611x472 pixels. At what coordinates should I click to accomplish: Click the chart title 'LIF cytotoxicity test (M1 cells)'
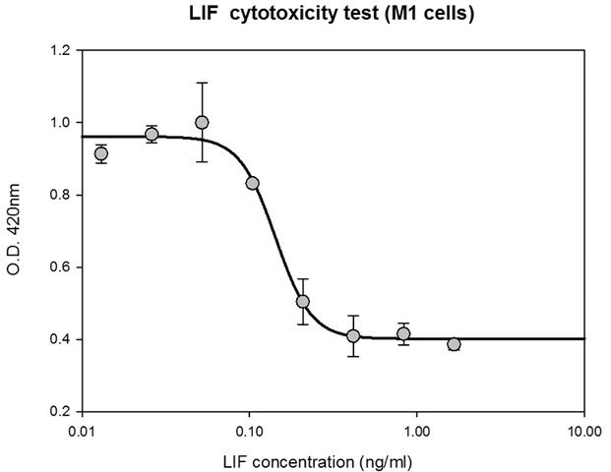coord(332,14)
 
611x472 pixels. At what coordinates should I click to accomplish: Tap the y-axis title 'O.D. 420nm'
coord(14,230)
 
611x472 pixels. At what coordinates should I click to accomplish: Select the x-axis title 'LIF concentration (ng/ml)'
coord(318,462)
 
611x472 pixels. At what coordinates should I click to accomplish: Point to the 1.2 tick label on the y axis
coord(60,50)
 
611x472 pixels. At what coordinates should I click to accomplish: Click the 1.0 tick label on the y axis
coord(60,122)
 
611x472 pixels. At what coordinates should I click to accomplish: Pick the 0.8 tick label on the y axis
coord(60,195)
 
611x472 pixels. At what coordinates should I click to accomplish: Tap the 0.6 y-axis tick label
coord(60,267)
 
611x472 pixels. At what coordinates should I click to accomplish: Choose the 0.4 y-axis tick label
coord(60,339)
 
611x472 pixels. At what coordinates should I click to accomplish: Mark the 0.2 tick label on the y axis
coord(60,412)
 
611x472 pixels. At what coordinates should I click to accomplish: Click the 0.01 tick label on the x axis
coord(83,432)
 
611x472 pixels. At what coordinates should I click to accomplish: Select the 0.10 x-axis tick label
coord(249,432)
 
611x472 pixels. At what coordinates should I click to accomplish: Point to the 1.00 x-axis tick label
coord(417,432)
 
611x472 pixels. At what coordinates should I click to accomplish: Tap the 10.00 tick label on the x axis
coord(584,432)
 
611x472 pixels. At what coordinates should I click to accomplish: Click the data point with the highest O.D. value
coord(202,123)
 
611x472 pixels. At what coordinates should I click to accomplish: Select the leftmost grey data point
coord(101,153)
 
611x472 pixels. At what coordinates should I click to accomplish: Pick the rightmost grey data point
coord(454,344)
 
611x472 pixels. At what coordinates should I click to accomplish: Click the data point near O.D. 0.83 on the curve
coord(253,184)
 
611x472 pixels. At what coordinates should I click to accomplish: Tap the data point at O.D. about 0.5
coord(303,302)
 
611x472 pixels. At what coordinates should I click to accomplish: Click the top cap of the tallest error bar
coord(202,83)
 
